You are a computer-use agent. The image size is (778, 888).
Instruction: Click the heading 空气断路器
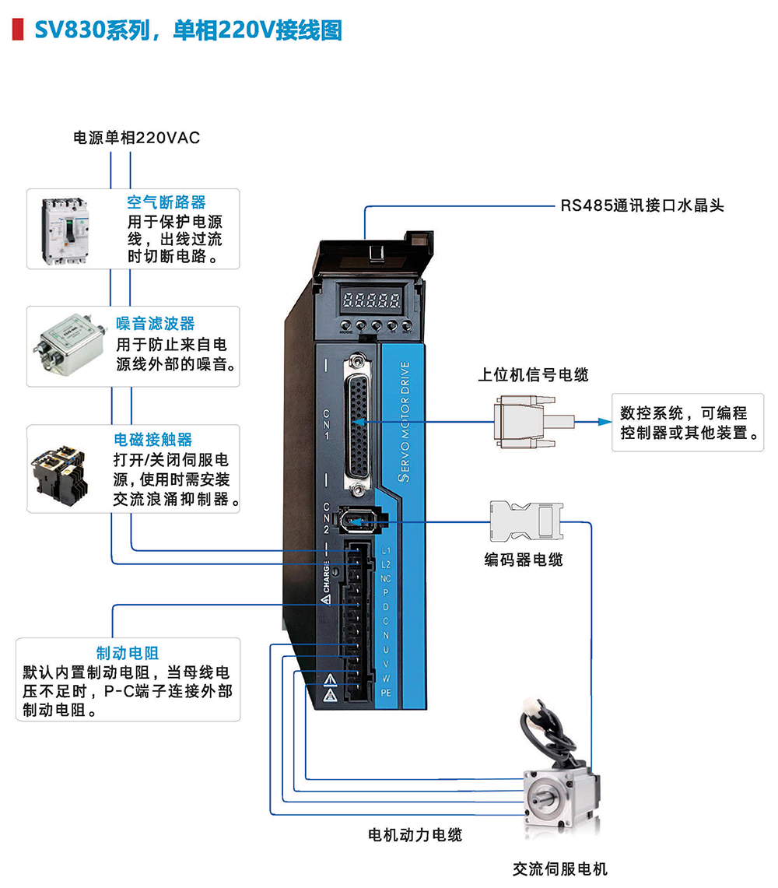[166, 202]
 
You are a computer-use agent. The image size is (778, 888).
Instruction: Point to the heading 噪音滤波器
[156, 324]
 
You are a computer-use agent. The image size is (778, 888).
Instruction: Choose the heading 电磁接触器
[153, 440]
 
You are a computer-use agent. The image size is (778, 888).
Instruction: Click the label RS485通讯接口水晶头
[643, 205]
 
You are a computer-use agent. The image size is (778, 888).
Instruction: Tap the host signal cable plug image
[524, 423]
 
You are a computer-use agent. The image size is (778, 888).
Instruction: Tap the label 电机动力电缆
[415, 835]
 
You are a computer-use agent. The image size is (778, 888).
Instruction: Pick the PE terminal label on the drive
[386, 692]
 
